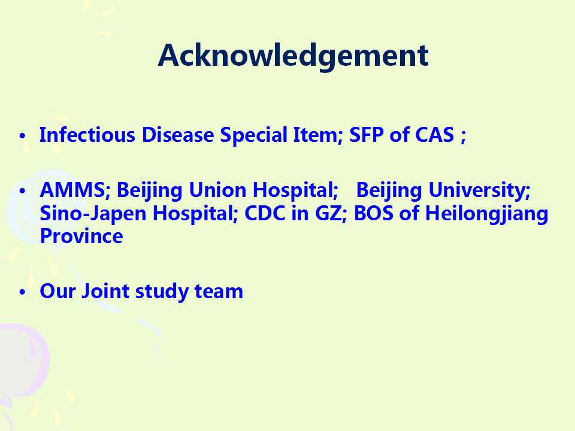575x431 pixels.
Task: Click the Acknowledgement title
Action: pyautogui.click(x=293, y=56)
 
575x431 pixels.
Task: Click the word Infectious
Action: pyautogui.click(x=87, y=135)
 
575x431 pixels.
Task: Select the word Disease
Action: pyautogui.click(x=178, y=135)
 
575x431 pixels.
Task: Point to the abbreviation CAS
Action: pyautogui.click(x=435, y=135)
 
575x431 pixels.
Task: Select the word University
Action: pyautogui.click(x=479, y=190)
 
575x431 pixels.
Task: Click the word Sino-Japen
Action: pyautogui.click(x=92, y=214)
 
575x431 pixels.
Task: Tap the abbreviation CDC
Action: pyautogui.click(x=265, y=213)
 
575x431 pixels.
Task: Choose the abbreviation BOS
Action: pyautogui.click(x=374, y=213)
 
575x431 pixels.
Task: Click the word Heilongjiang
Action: pyautogui.click(x=486, y=214)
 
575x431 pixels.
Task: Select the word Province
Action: pyautogui.click(x=81, y=236)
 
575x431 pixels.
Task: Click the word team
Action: pyautogui.click(x=219, y=292)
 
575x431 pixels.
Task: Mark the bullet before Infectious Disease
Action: pyautogui.click(x=22, y=136)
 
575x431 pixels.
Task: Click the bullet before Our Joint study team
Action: pyautogui.click(x=22, y=292)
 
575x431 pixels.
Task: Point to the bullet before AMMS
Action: pyautogui.click(x=22, y=191)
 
